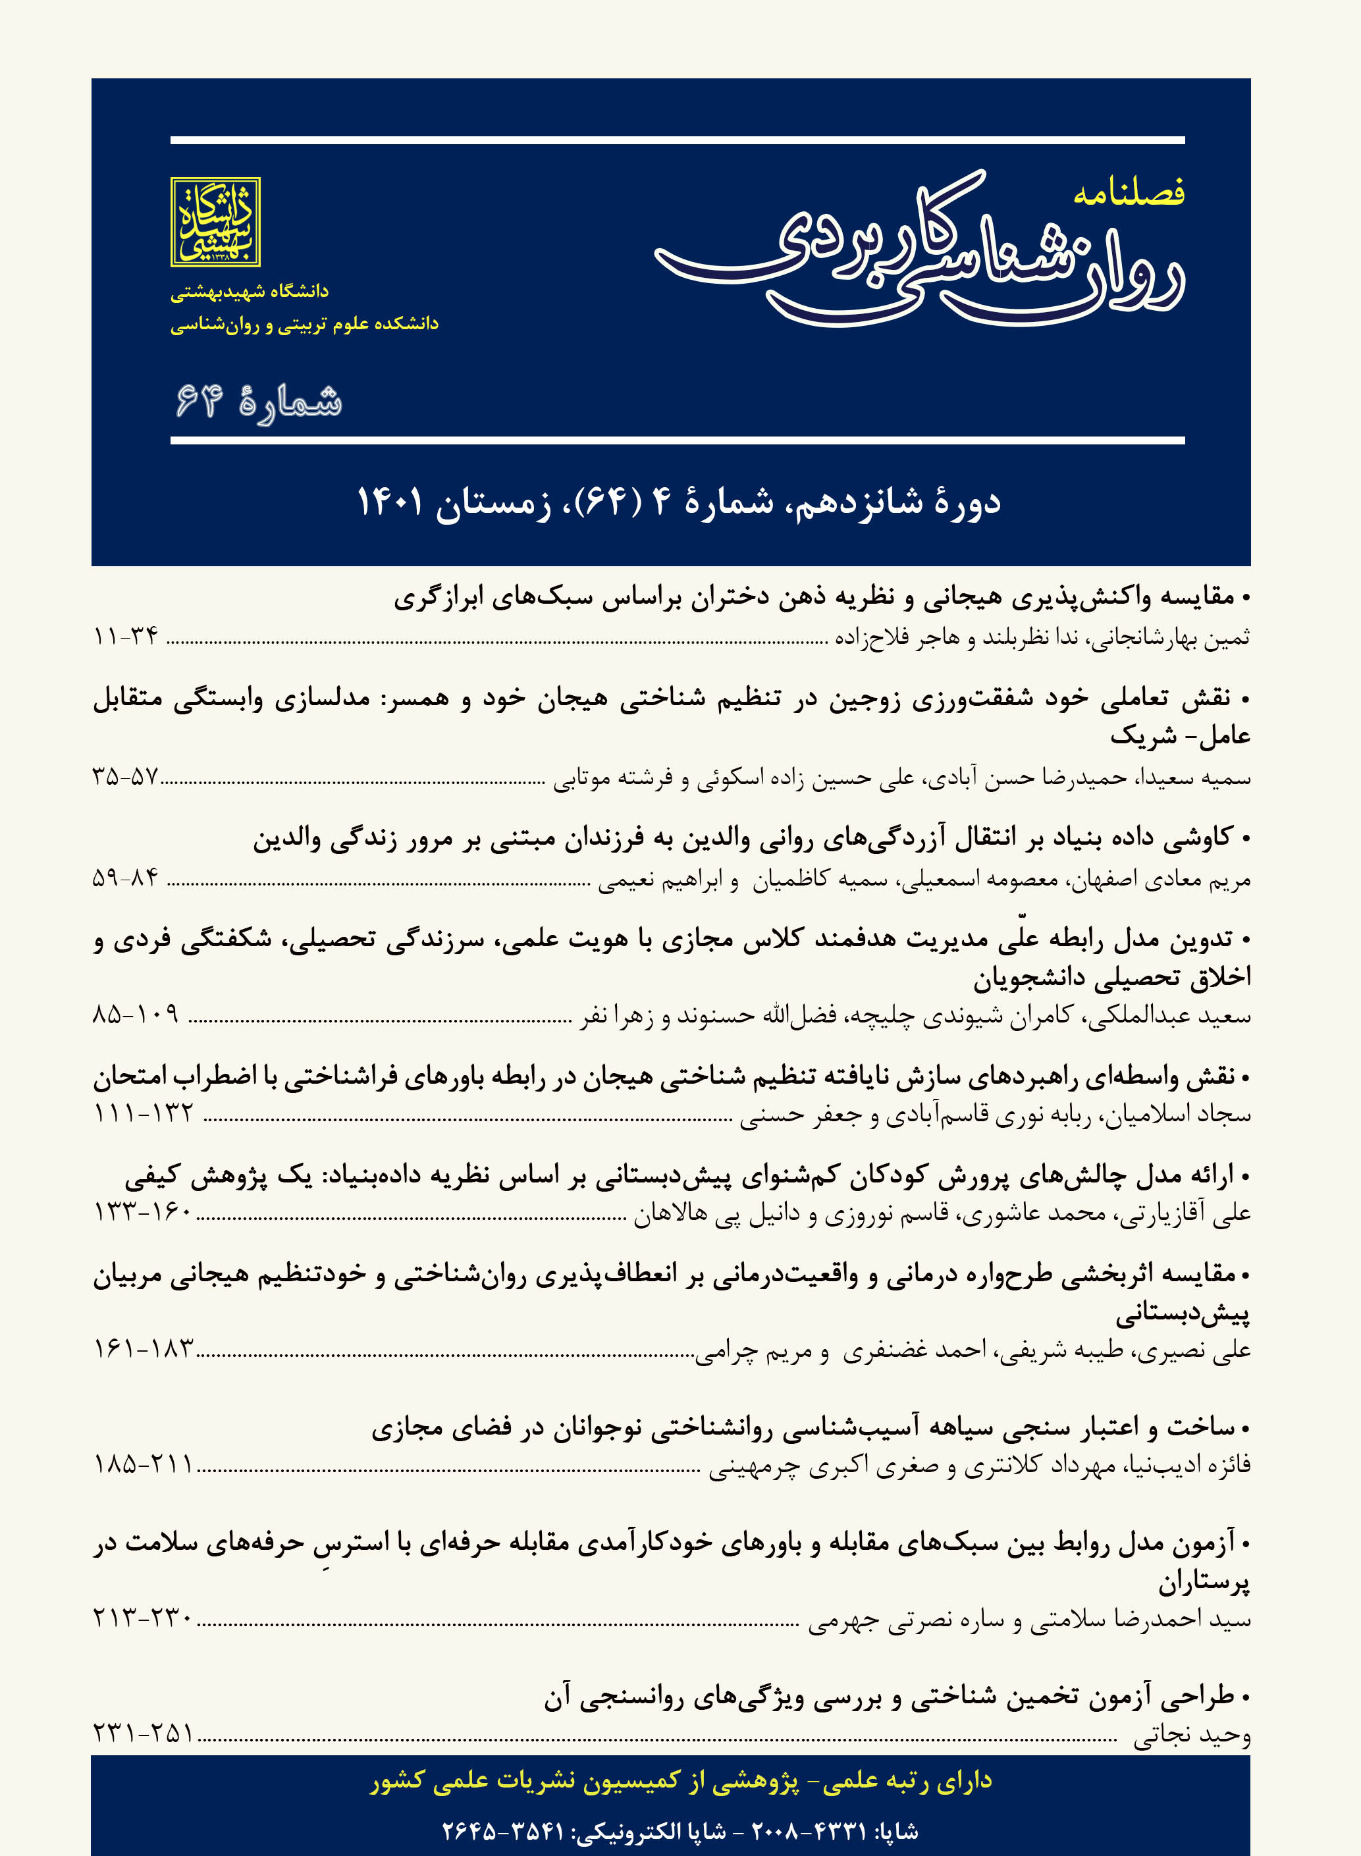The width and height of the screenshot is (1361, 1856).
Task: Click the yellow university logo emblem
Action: (215, 222)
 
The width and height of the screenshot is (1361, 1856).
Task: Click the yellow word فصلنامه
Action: (1129, 194)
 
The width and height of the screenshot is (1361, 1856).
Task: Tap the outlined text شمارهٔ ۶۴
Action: (259, 402)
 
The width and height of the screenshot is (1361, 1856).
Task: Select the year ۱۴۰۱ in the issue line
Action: (390, 502)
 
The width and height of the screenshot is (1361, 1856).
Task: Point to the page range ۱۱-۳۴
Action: (126, 636)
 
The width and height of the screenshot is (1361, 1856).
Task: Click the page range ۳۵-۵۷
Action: (125, 776)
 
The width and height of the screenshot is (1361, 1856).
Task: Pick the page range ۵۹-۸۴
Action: (126, 878)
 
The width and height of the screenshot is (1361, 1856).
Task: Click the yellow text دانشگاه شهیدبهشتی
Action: (250, 292)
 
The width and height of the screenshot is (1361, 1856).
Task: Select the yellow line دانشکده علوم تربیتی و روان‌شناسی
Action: (304, 325)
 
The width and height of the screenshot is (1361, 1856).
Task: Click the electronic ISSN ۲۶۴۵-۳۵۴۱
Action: (502, 1831)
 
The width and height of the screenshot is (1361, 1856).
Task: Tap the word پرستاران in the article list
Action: (1204, 1583)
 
